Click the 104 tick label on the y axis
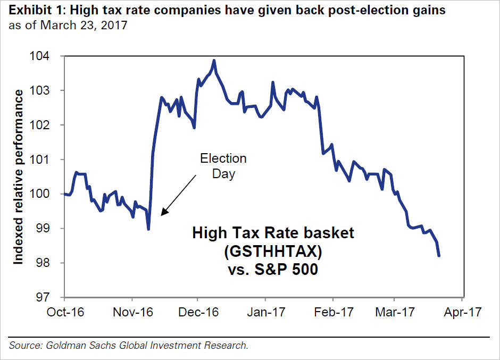coord(44,56)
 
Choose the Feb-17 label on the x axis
coord(331,313)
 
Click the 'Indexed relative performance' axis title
coord(19,177)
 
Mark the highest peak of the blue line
coord(214,61)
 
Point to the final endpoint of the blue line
coord(439,256)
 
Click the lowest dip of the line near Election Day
coord(148,229)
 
